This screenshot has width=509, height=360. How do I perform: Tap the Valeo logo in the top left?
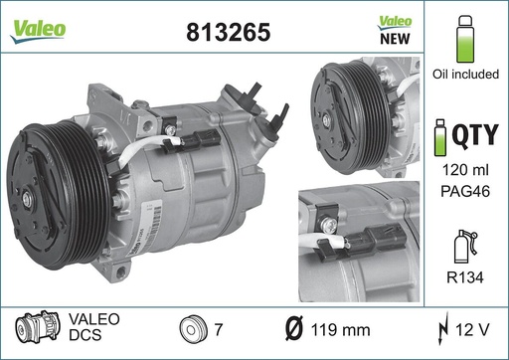click(39, 29)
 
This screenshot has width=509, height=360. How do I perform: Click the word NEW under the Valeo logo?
click(397, 41)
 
